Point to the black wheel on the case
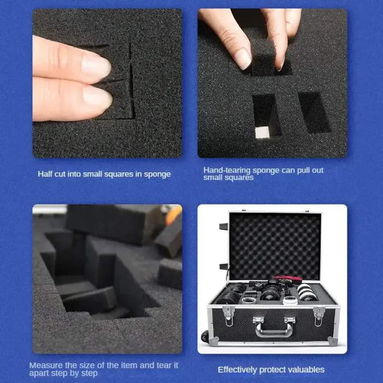point(205,337)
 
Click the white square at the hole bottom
point(262,132)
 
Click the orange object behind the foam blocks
point(174,215)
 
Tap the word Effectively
point(237,369)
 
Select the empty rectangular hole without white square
point(314,112)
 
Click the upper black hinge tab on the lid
point(223,226)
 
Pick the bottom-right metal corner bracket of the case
point(333,341)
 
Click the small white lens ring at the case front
point(290,300)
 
